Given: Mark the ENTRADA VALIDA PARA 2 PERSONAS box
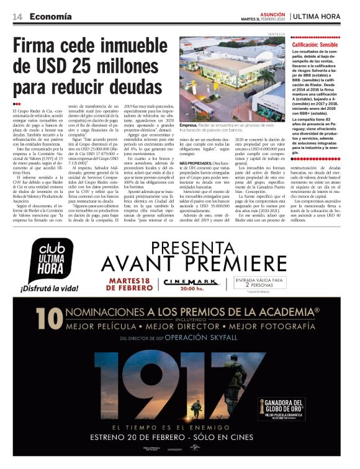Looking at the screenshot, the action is (x=259, y=282).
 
